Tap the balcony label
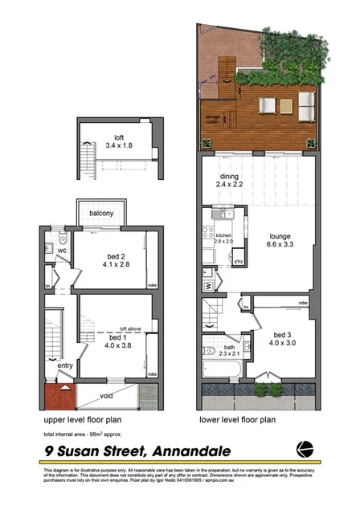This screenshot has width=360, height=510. pos(100,213)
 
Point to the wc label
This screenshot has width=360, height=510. pos(61,250)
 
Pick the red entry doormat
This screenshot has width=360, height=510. pos(59,396)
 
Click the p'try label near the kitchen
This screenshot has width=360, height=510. pos(238,262)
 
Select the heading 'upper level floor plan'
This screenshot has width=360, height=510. pos(82,420)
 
